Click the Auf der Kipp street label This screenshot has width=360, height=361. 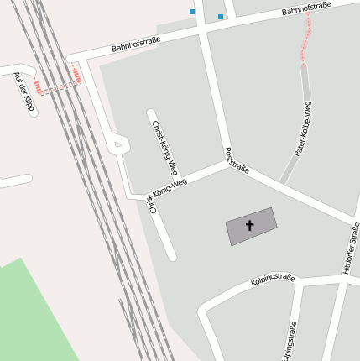[x=23, y=92]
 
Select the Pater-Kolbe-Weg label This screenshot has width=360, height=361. [x=303, y=129]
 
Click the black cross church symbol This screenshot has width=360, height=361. [x=249, y=225]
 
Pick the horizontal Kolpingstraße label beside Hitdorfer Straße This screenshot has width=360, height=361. [x=273, y=280]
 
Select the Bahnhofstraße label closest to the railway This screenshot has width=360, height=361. [x=135, y=44]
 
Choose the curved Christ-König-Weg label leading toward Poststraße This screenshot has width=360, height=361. [x=167, y=191]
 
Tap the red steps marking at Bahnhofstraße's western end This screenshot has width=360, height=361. [x=77, y=76]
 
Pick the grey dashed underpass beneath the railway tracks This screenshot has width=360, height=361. [x=57, y=85]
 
